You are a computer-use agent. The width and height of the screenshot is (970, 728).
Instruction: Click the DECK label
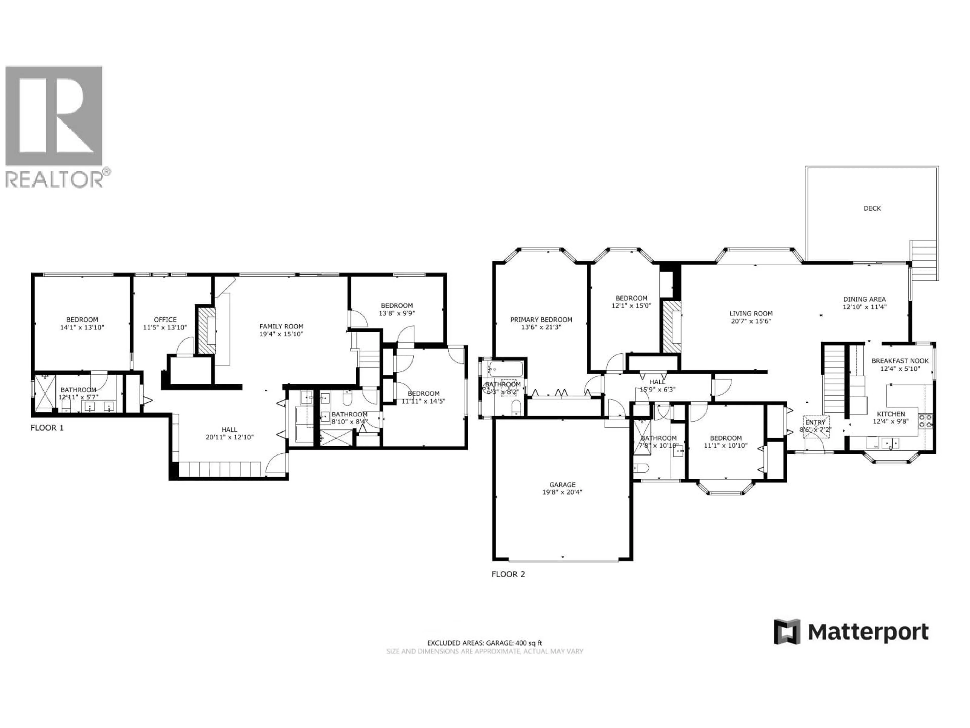coord(872,209)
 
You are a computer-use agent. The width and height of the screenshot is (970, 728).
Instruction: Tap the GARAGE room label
coord(562,485)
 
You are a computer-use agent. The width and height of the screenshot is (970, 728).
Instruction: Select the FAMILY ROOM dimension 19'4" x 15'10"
coord(281,334)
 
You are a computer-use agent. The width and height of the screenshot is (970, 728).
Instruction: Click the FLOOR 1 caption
coord(47,428)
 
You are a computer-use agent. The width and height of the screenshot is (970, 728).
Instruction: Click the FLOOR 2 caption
coord(508,574)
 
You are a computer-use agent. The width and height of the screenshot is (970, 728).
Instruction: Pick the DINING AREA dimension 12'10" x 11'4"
coord(864,307)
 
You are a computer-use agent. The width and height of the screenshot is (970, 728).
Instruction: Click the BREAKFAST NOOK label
coord(900,361)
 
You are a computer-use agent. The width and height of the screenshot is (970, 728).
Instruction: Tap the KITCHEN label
coord(891,414)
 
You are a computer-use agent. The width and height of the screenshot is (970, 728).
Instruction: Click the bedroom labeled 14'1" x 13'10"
coord(82,323)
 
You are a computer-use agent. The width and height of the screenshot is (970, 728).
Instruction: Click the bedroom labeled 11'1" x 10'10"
coord(726,441)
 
